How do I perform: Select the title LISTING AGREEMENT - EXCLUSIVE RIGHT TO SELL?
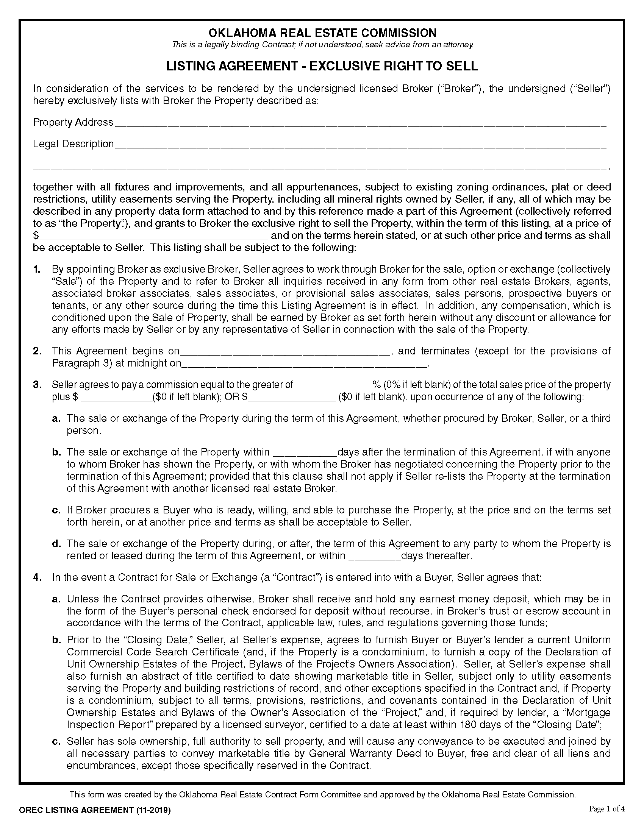click(322, 66)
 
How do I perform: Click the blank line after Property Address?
click(360, 123)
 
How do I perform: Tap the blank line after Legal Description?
click(360, 145)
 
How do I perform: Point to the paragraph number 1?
click(37, 269)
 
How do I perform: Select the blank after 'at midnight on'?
click(304, 364)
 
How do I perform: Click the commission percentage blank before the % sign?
click(334, 385)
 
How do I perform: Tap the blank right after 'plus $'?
click(117, 398)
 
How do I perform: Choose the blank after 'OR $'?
click(291, 398)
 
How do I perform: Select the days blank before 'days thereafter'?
click(375, 557)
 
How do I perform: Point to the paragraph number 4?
click(37, 577)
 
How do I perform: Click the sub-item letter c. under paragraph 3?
click(56, 510)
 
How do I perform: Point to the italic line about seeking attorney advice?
click(322, 45)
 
